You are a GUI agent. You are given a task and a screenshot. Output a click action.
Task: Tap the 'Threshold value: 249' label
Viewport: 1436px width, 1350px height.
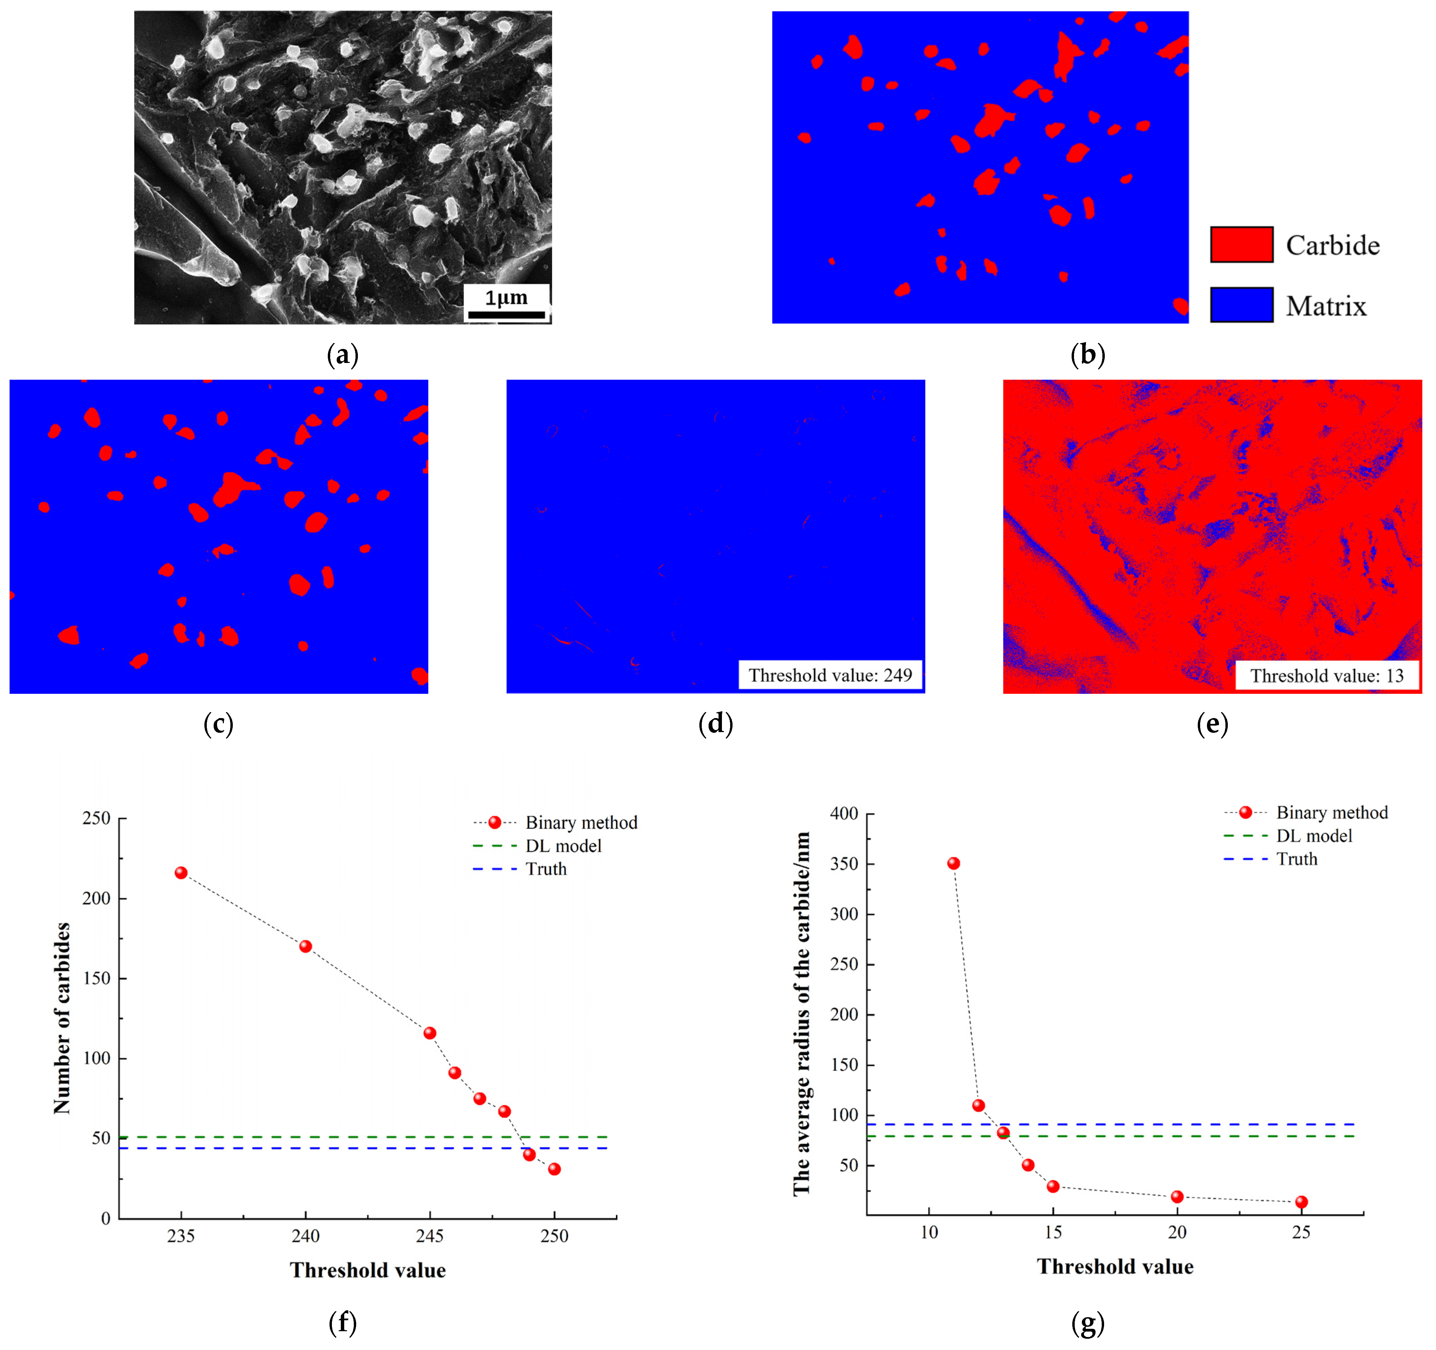click(x=830, y=675)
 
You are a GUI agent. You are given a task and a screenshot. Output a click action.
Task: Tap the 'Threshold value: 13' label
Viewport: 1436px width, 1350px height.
click(x=1327, y=676)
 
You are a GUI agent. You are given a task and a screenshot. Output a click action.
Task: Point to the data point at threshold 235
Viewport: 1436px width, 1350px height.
click(x=181, y=873)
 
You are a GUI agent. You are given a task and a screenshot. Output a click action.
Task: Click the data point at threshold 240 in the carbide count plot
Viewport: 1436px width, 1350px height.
click(x=306, y=946)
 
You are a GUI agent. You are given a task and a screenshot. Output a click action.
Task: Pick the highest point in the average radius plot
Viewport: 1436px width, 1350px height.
click(x=953, y=863)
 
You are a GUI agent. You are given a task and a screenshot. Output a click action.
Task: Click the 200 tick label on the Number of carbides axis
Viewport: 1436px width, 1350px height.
click(x=96, y=899)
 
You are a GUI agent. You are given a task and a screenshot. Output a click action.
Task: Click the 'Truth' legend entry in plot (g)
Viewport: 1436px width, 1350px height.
click(x=1297, y=859)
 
